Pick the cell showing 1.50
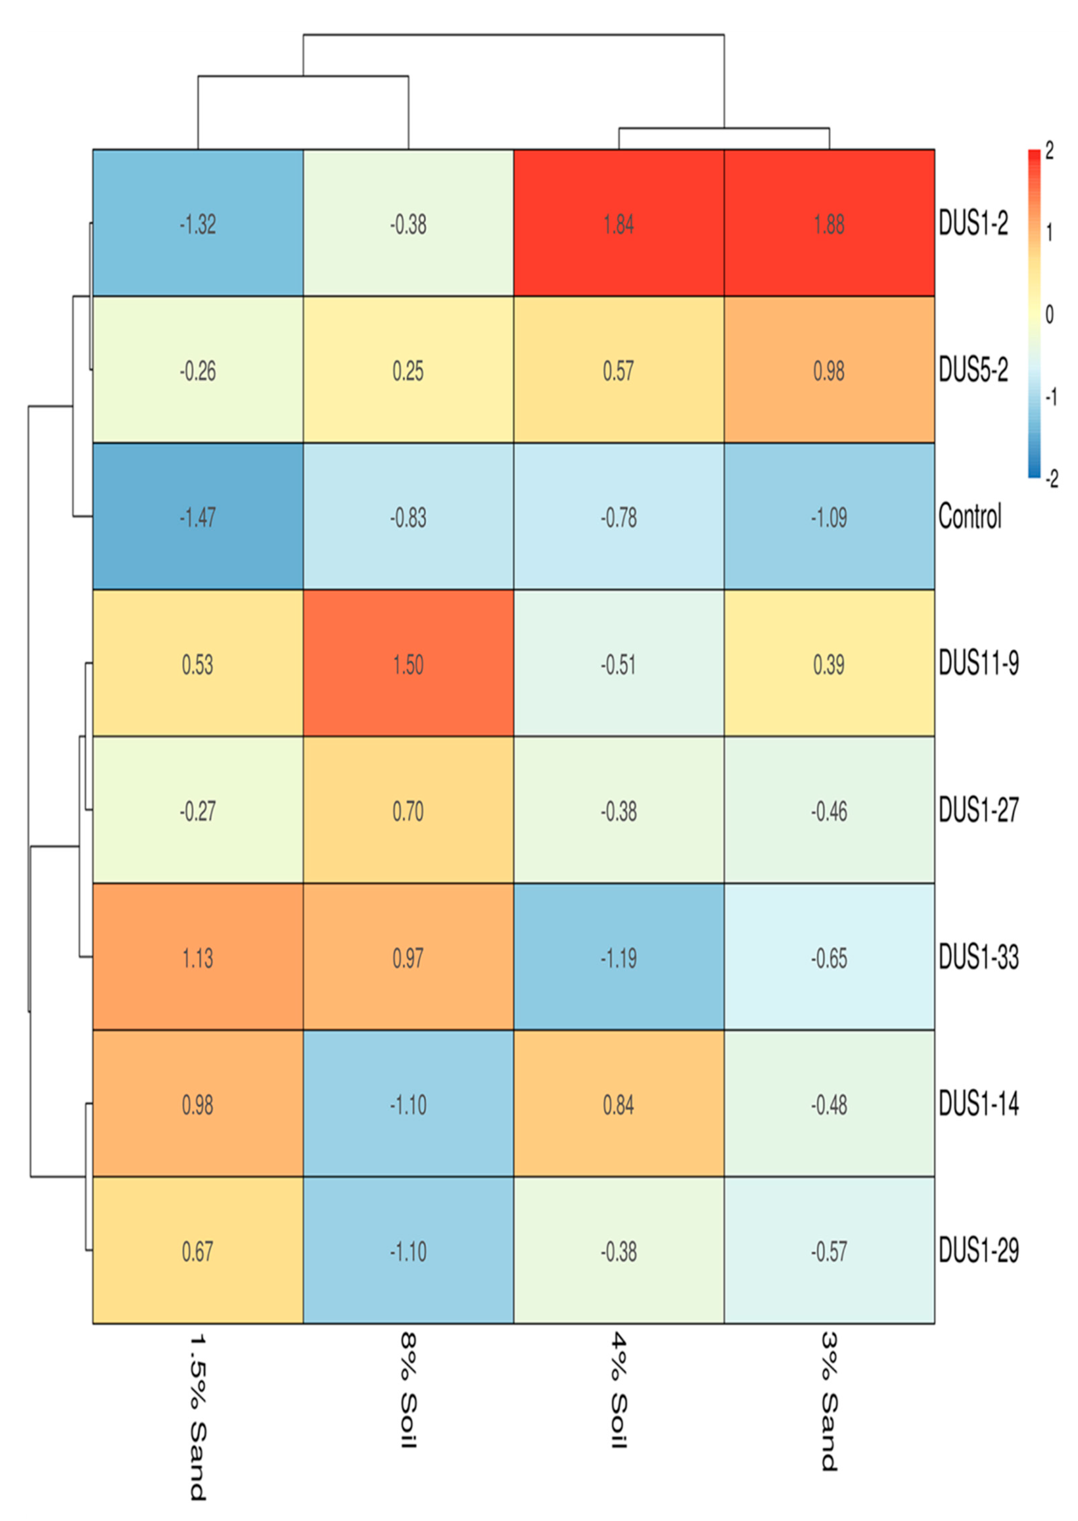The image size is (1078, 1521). [x=408, y=664]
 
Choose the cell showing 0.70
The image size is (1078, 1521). [x=408, y=811]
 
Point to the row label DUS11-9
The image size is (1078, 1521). [x=978, y=664]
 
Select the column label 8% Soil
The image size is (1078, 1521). [x=408, y=1390]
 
